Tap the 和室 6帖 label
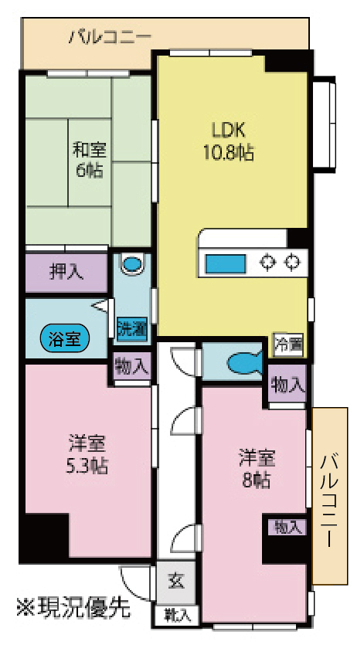89,158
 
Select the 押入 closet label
66,271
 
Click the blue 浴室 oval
65,338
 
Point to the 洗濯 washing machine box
131,328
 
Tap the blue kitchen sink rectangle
226,263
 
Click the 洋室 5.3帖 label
87,454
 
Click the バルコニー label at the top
110,36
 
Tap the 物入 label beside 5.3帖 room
131,365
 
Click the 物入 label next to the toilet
287,384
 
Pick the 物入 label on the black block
286,528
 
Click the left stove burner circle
267,263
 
